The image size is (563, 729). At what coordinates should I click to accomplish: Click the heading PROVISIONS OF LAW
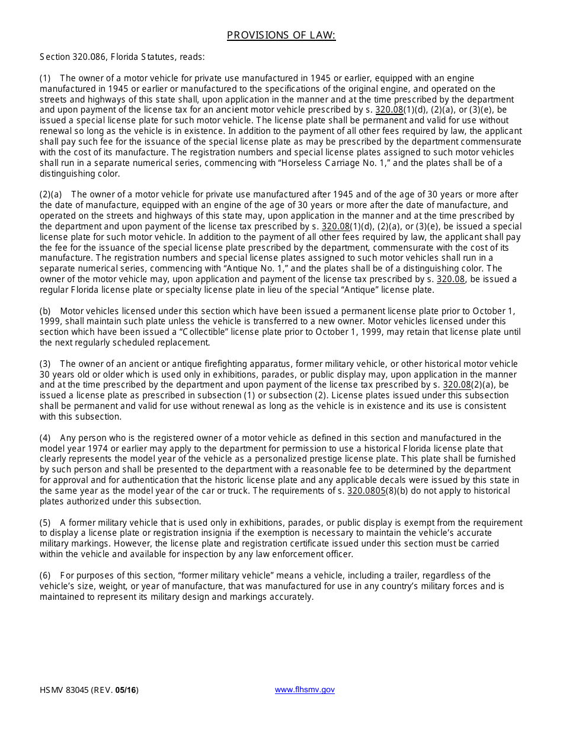tap(281, 36)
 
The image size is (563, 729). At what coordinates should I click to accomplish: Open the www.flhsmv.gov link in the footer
tap(305, 690)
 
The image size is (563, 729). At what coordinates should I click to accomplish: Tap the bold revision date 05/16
tap(126, 690)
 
